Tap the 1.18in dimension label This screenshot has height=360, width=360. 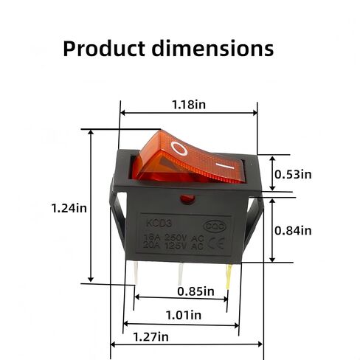tap(188, 104)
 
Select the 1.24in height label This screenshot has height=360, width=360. tap(69, 208)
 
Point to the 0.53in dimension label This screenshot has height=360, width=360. tap(293, 175)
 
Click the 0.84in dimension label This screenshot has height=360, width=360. tap(293, 230)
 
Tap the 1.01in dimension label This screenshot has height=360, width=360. tap(183, 315)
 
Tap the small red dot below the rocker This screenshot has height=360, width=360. tap(185, 197)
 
